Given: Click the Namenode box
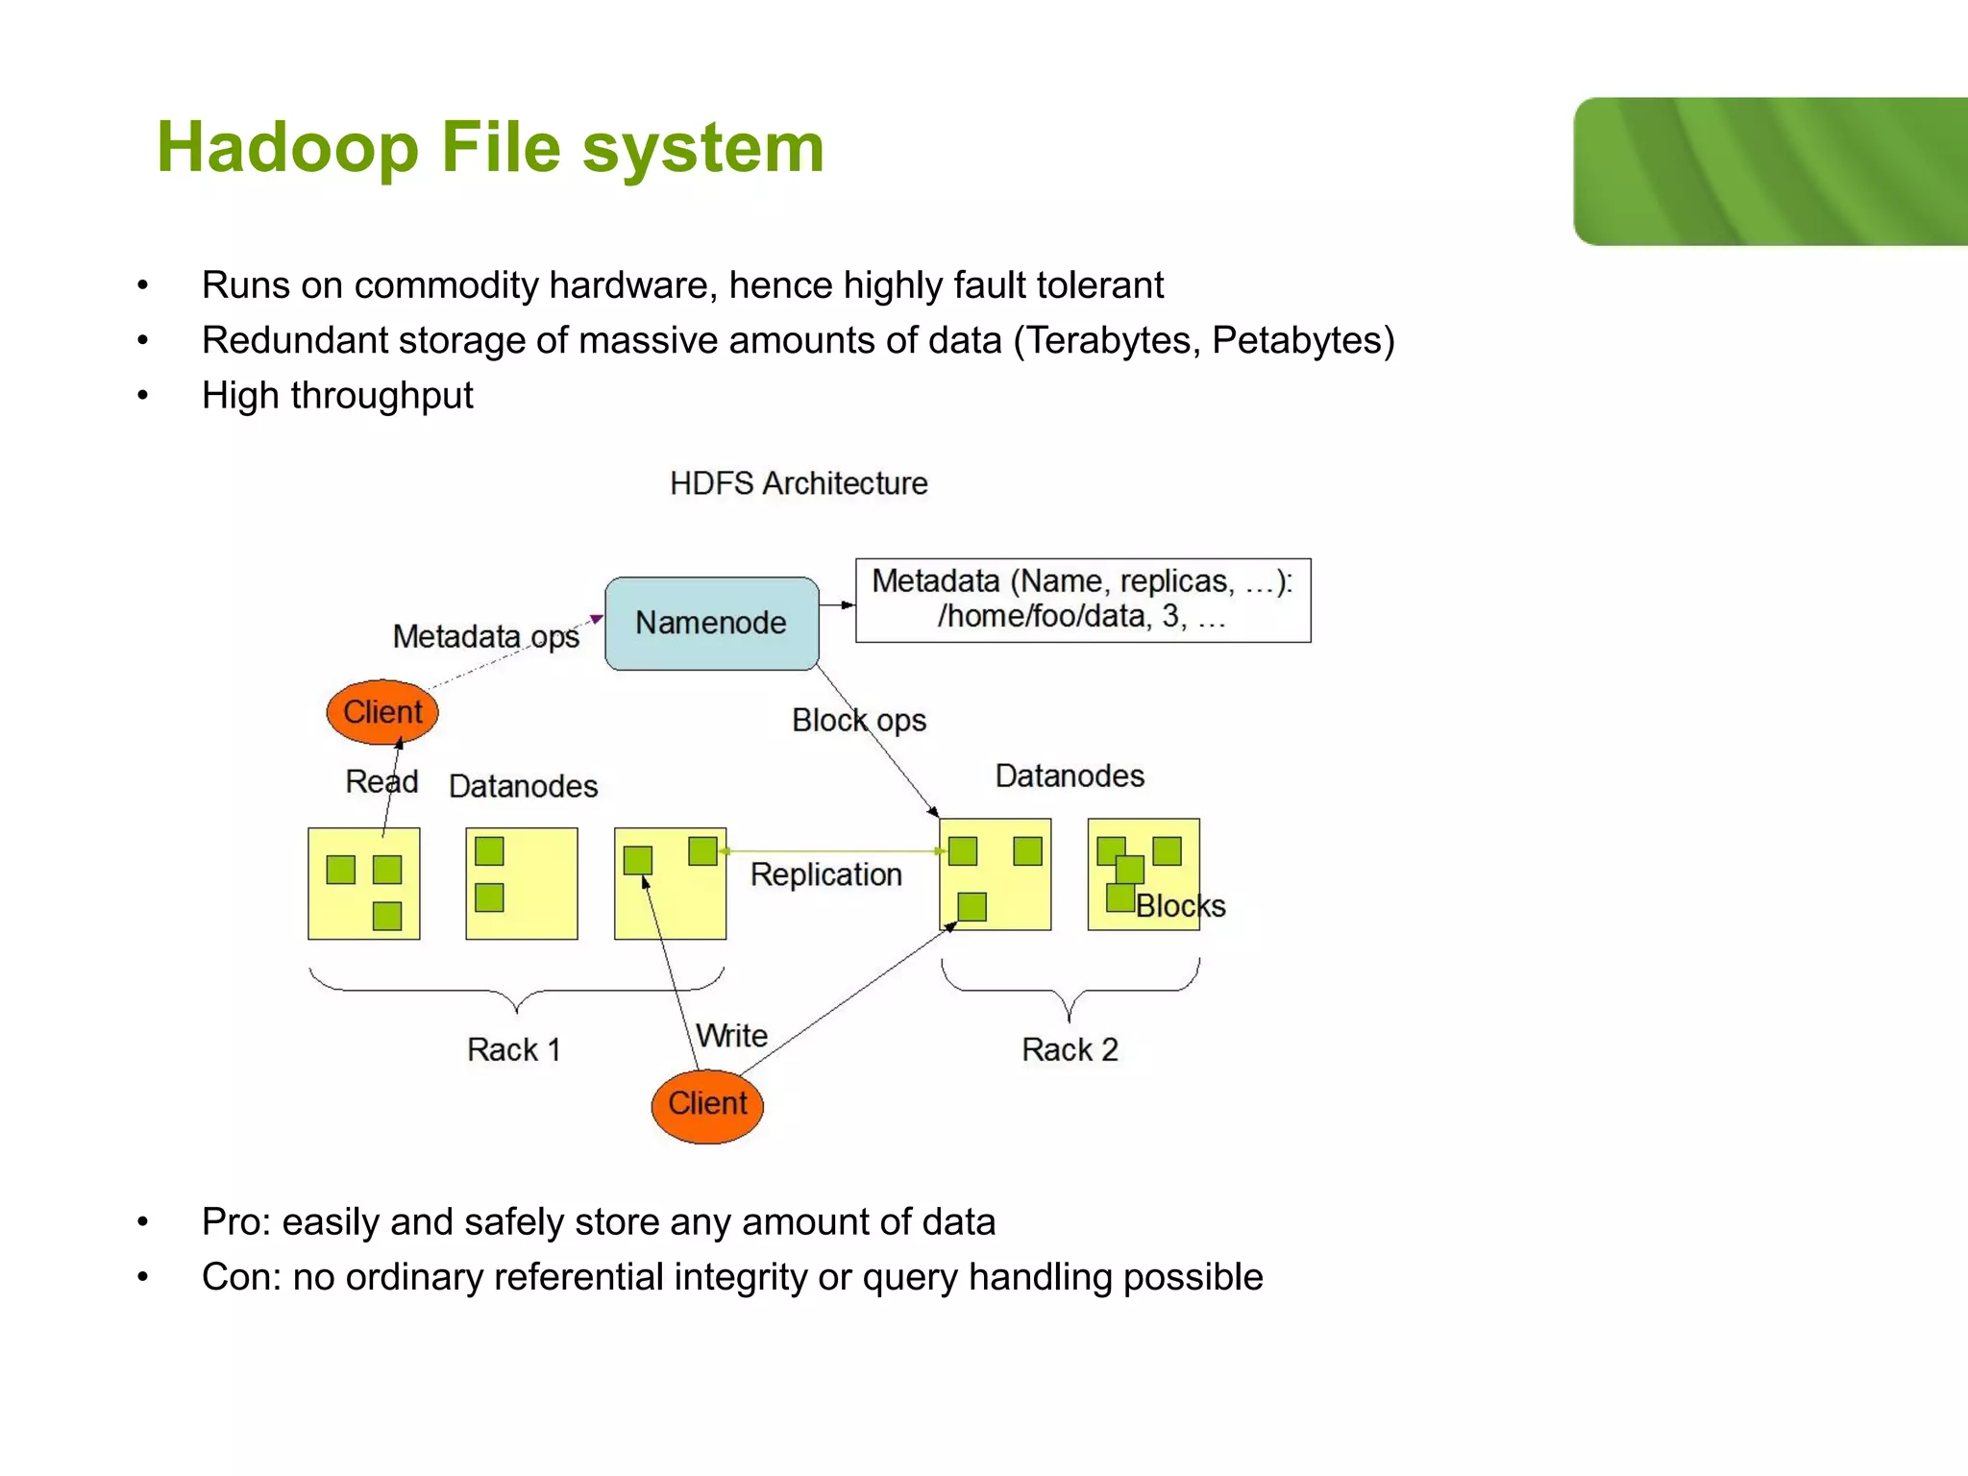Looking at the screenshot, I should click(711, 624).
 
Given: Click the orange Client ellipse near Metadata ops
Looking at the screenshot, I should click(382, 712).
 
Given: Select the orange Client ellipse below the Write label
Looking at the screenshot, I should click(707, 1104).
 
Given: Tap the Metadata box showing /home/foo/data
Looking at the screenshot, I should click(1083, 600).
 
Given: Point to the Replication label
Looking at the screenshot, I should click(825, 874).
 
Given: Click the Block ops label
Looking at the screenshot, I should click(858, 721).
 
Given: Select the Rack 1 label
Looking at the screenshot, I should click(513, 1049).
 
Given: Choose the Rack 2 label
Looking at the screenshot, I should click(1070, 1049).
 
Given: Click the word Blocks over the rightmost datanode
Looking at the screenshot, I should click(1180, 906).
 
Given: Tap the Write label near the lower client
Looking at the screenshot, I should click(732, 1036).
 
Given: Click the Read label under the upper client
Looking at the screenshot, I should click(381, 781).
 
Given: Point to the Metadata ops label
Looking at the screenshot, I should click(485, 636).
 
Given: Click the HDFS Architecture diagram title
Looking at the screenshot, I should click(799, 483).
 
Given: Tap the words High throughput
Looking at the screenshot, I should click(337, 396).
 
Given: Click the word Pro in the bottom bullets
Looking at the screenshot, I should click(230, 1222).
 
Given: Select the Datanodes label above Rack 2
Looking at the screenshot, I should click(1070, 775).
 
